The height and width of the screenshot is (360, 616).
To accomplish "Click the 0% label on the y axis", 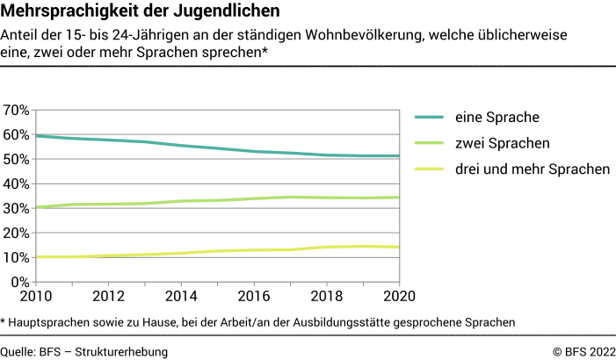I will [20, 283].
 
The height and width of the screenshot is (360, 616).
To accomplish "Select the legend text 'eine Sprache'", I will [496, 117].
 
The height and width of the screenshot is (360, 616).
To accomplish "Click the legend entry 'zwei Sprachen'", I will [502, 143].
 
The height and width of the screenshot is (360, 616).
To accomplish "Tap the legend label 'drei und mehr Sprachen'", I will [532, 169].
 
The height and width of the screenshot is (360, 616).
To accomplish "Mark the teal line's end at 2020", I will [398, 156].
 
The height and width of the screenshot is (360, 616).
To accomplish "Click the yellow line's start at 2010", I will [36, 257].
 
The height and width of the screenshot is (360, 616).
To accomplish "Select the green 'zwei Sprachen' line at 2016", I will [253, 198].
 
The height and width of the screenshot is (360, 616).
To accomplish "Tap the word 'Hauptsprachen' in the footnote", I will [51, 322].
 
